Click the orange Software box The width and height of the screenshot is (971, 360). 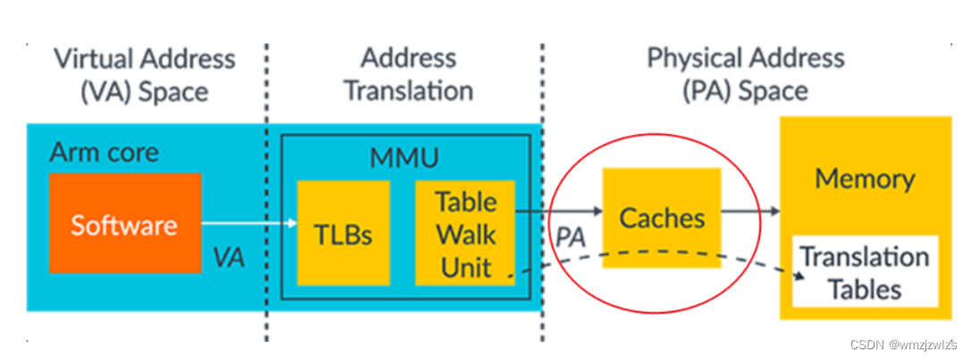(x=125, y=222)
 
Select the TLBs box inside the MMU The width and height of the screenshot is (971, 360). (x=343, y=233)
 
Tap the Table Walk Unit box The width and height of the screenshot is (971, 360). (x=465, y=233)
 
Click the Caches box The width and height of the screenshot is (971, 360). (x=662, y=217)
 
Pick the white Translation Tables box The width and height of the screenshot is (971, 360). (x=864, y=272)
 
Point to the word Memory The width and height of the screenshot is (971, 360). (x=864, y=179)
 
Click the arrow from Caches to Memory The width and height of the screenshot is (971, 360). (x=750, y=212)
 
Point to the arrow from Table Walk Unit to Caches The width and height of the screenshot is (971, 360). (x=558, y=212)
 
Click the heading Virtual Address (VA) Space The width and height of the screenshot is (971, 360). (x=145, y=75)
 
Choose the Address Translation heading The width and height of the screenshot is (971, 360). (x=408, y=75)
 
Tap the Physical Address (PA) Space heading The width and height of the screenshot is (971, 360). (x=745, y=75)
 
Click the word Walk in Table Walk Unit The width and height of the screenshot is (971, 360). (x=465, y=234)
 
